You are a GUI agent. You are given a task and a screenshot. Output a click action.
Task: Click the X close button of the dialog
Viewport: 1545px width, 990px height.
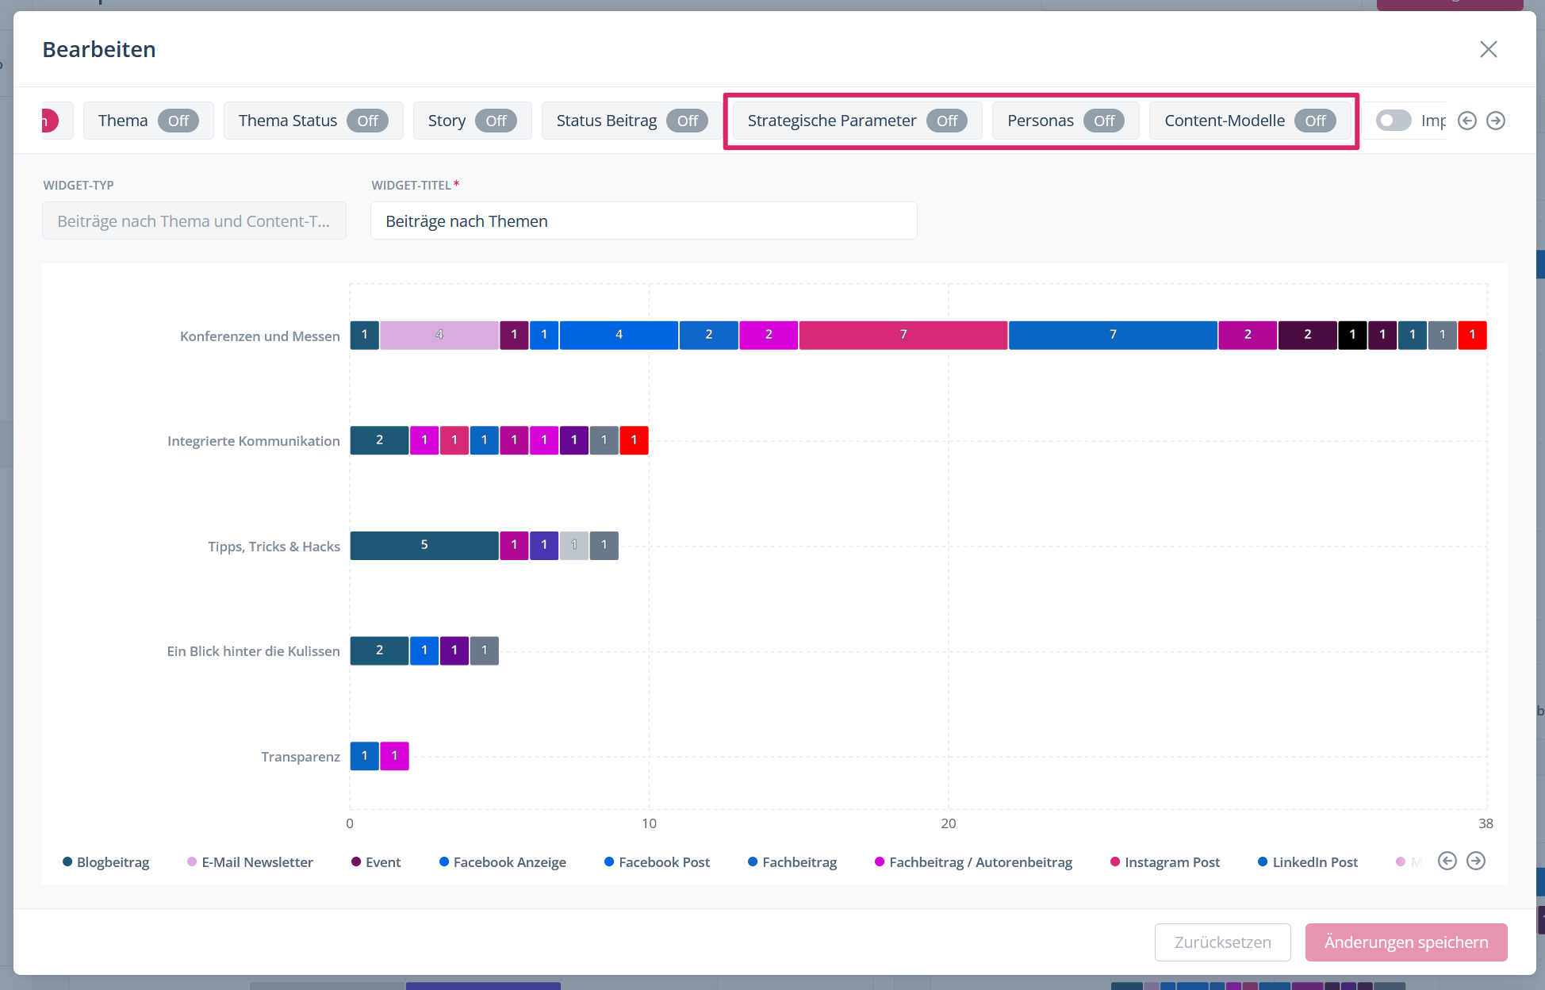coord(1488,49)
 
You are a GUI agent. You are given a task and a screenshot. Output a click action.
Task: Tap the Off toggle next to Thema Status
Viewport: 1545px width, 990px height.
coord(367,121)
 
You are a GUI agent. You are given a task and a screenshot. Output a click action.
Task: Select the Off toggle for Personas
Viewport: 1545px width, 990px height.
coord(1104,121)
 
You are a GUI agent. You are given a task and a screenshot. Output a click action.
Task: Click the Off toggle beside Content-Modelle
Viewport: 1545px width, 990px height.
coord(1315,121)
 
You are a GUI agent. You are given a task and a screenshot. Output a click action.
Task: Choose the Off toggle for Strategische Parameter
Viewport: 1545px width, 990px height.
coord(947,121)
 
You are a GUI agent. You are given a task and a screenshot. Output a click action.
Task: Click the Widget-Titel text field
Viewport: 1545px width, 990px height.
coord(643,221)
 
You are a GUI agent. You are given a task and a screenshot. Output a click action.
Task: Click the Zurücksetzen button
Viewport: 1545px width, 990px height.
coord(1222,942)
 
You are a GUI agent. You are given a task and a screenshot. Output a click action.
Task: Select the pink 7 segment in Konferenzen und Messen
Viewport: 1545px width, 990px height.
coord(903,335)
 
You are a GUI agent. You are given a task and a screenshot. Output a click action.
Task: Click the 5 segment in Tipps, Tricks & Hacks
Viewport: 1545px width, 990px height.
coord(424,545)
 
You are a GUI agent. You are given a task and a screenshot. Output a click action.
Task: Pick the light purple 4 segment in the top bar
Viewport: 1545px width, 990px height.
coord(439,335)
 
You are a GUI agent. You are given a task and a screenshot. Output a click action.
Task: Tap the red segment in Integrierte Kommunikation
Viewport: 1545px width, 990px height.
coord(634,440)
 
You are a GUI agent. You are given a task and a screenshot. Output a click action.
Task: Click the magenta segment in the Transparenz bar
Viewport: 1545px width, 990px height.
coord(394,756)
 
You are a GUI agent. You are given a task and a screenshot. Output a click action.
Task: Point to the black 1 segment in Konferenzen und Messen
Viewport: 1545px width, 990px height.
coord(1352,335)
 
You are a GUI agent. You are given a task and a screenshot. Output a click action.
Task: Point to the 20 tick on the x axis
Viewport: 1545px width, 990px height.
coord(949,823)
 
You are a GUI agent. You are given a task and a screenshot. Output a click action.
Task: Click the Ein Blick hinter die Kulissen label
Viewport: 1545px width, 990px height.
coord(253,651)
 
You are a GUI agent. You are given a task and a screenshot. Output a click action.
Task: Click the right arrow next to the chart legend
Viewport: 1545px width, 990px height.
coord(1476,861)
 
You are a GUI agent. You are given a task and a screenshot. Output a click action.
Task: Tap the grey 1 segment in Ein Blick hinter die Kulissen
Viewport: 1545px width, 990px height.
coord(484,650)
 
